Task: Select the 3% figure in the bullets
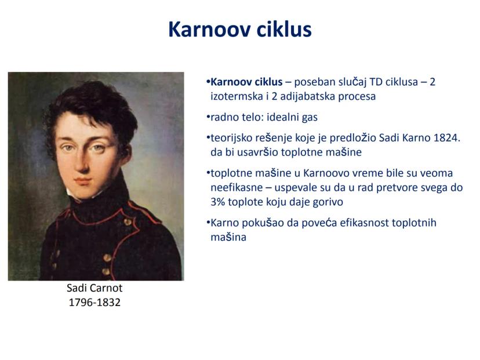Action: [x=217, y=202]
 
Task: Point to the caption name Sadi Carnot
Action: [x=94, y=288]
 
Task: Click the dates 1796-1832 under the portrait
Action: [x=94, y=303]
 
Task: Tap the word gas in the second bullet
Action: [x=310, y=118]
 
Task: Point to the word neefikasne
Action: [x=237, y=188]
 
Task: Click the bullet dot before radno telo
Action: [x=208, y=117]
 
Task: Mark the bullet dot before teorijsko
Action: [x=208, y=138]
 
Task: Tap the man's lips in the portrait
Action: [x=83, y=181]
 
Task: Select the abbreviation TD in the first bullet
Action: [x=376, y=82]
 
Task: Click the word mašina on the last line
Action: [x=228, y=237]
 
